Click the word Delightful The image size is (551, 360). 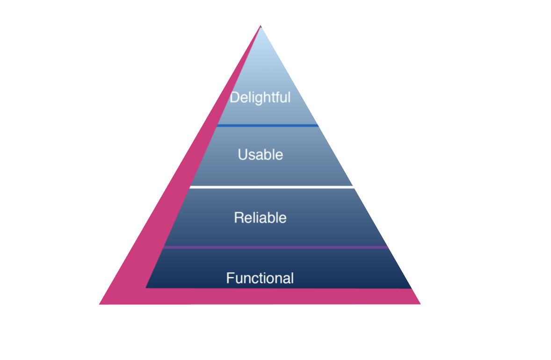(260, 98)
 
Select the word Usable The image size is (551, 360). (260, 154)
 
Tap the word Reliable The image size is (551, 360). (260, 217)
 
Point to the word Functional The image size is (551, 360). (260, 278)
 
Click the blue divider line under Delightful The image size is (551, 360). (267, 125)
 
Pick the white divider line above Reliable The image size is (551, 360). (271, 187)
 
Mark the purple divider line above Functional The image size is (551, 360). (275, 247)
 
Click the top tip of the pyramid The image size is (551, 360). (261, 26)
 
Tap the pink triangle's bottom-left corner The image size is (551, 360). (101, 304)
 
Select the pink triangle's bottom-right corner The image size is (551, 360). (419, 303)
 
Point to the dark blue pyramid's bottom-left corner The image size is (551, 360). (146, 287)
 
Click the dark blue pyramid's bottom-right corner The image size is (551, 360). (410, 288)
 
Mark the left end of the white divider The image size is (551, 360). (190, 187)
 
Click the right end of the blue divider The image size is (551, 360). (317, 125)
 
